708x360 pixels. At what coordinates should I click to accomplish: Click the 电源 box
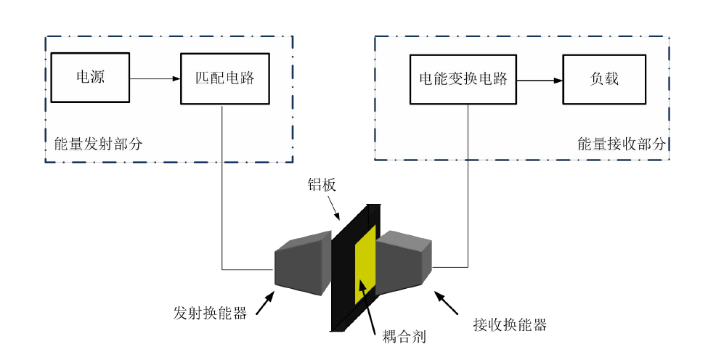click(90, 78)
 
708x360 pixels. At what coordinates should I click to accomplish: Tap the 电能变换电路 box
click(463, 78)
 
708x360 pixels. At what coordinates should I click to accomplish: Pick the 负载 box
click(604, 78)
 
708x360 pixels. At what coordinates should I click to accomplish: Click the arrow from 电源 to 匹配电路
click(155, 78)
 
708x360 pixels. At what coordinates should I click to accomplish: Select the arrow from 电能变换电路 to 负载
click(540, 79)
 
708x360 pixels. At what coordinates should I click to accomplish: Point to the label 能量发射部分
click(98, 144)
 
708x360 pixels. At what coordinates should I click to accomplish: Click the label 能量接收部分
click(622, 144)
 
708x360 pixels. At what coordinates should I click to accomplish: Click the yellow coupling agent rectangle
click(365, 265)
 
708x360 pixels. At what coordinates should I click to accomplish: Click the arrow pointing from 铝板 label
click(332, 208)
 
